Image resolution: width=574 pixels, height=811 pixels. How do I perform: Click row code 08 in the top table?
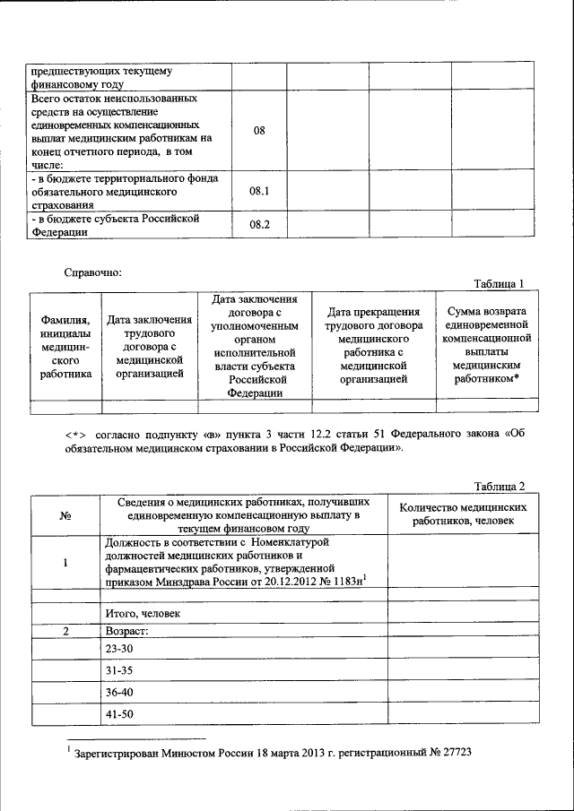coord(259,130)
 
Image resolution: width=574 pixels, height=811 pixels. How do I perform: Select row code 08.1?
coord(259,191)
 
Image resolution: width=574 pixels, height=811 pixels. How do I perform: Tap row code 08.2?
coord(259,224)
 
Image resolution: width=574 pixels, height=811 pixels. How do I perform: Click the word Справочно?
coord(93,271)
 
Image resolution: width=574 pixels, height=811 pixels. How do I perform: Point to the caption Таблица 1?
coord(499,284)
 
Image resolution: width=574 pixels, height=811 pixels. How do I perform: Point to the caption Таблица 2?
coord(499,486)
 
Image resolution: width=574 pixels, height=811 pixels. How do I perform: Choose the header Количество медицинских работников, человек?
coord(463,513)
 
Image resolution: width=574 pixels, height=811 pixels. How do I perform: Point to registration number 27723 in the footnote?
coord(455,754)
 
